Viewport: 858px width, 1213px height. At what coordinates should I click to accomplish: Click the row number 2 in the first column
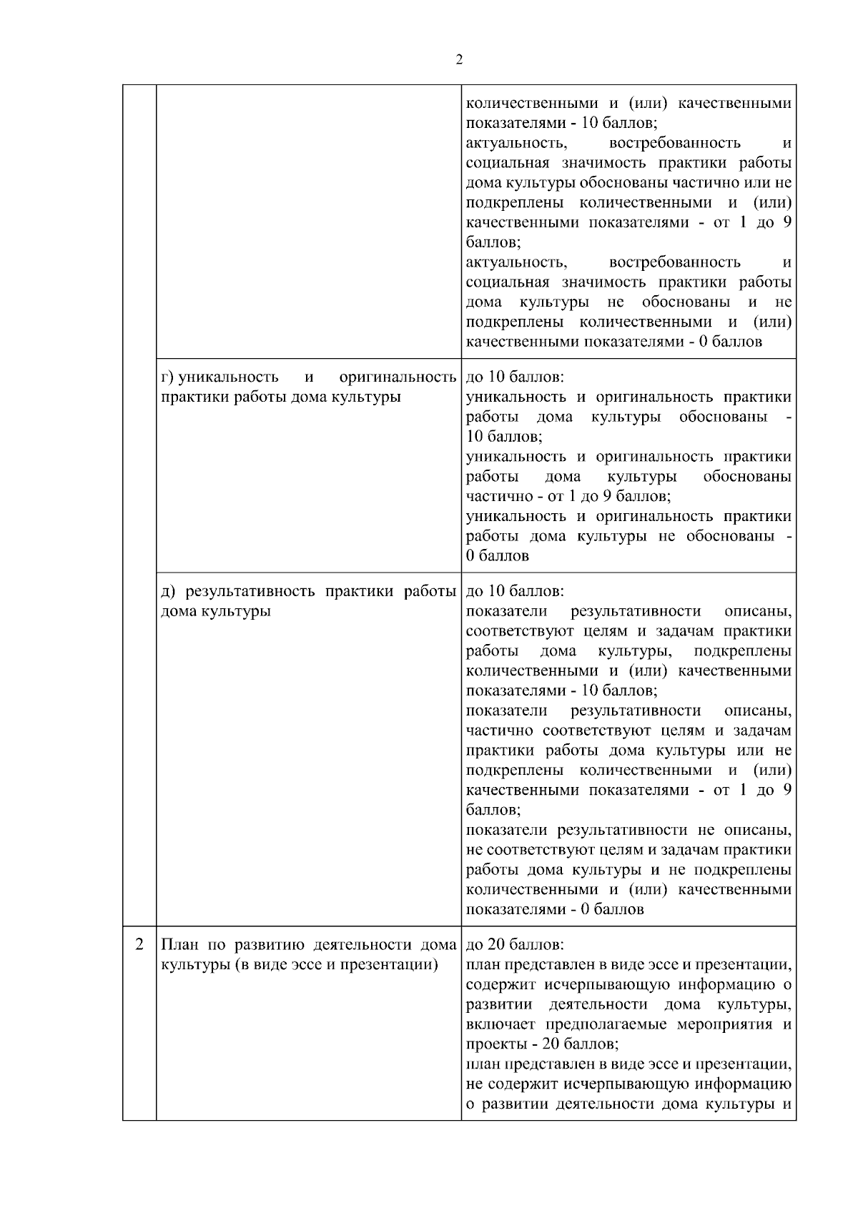click(x=139, y=944)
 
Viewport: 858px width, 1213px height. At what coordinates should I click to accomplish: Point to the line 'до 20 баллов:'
click(x=515, y=945)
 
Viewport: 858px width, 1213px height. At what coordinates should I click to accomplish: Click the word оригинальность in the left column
click(x=398, y=377)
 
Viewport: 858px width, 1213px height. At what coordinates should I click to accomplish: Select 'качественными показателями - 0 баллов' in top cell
click(x=613, y=342)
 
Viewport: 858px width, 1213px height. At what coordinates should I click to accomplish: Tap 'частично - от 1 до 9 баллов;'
click(x=568, y=496)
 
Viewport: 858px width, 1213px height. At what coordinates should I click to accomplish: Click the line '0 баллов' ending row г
click(x=498, y=556)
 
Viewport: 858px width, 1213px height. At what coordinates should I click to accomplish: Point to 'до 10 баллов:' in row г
click(x=515, y=377)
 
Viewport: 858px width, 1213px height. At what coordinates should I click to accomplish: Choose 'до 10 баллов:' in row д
click(x=515, y=592)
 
